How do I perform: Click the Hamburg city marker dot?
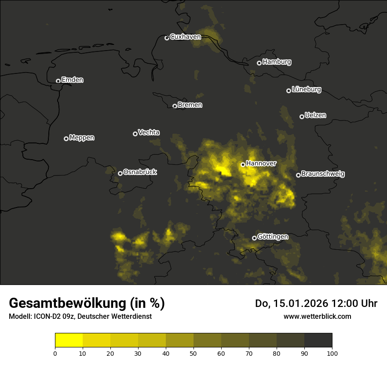(x=259, y=63)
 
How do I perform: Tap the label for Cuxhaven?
(x=185, y=37)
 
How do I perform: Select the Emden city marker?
(x=58, y=81)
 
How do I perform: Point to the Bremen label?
(x=190, y=105)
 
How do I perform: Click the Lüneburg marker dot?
(x=288, y=91)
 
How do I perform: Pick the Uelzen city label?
(x=315, y=115)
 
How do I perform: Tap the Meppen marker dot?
(x=66, y=139)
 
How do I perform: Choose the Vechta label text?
(x=149, y=132)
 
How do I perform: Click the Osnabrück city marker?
(x=120, y=173)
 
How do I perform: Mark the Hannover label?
(x=261, y=164)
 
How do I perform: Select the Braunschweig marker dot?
(x=298, y=175)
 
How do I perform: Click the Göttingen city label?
(x=273, y=237)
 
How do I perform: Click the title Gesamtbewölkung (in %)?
(x=87, y=303)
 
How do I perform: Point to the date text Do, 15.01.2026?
(x=290, y=303)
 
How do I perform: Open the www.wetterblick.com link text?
(x=317, y=316)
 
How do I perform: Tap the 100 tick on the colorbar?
(x=332, y=353)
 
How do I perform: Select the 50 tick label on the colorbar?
(x=193, y=353)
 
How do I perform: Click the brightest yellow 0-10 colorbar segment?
(x=69, y=340)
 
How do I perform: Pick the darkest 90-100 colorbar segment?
(x=318, y=340)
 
